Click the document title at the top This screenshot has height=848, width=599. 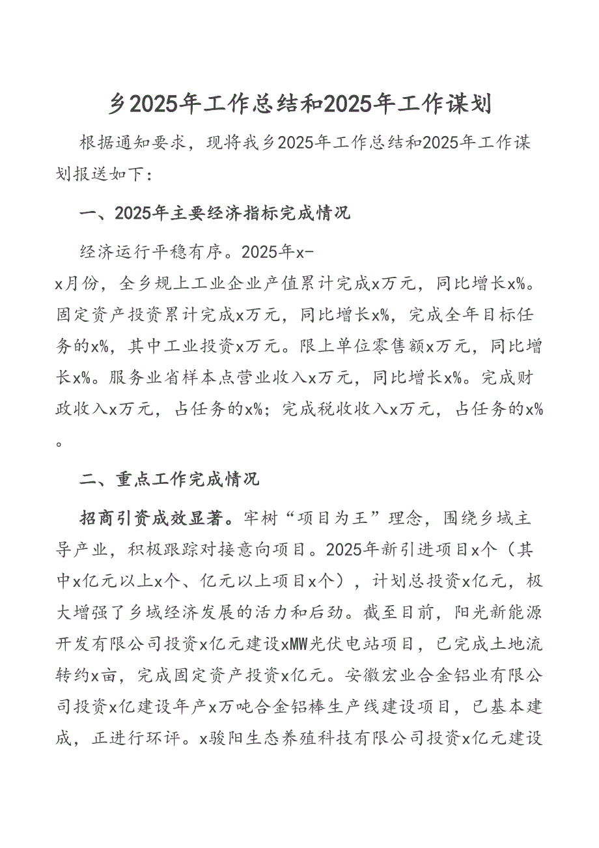pyautogui.click(x=299, y=105)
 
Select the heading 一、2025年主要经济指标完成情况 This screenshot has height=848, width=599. pyautogui.click(x=215, y=213)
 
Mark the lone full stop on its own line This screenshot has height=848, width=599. pyautogui.click(x=60, y=444)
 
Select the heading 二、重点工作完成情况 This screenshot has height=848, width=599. pyautogui.click(x=169, y=480)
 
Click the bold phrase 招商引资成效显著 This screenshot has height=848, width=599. pyautogui.click(x=154, y=518)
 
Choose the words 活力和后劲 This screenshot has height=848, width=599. pyautogui.click(x=350, y=612)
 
